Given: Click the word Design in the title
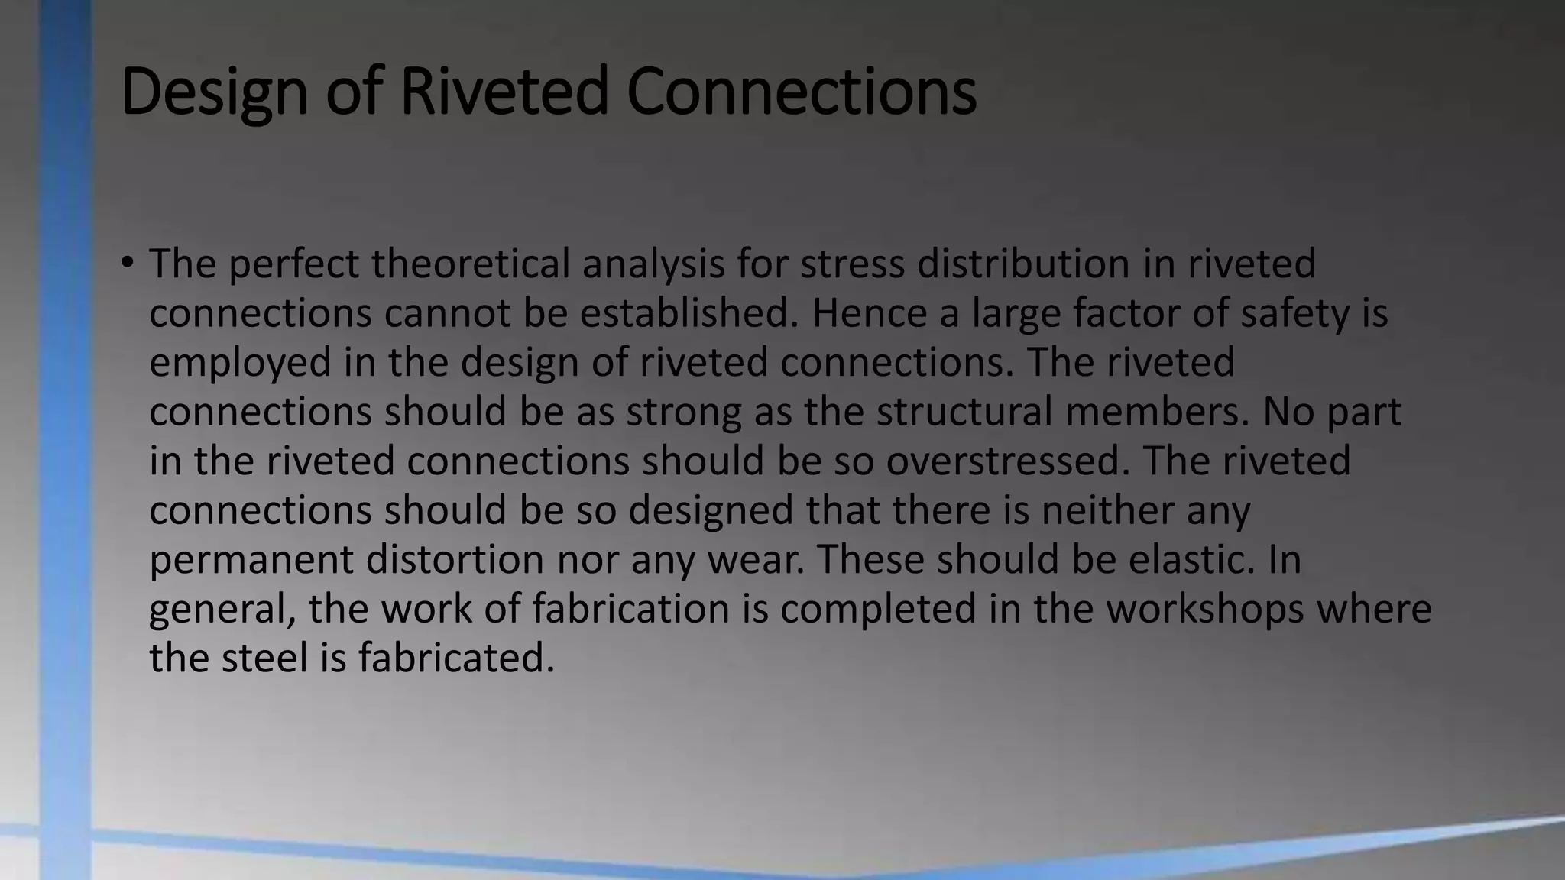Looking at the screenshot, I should pos(213,92).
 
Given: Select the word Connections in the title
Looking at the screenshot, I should pos(801,92).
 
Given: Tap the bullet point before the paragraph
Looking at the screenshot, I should pos(127,264).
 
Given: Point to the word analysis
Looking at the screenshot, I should pos(653,264).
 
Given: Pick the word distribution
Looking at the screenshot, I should pos(1023,264).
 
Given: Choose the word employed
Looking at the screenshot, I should pos(240,362).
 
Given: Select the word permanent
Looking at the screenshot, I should pos(251,559).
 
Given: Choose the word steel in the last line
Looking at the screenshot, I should pos(264,658).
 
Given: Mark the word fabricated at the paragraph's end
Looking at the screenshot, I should pos(456,658).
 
